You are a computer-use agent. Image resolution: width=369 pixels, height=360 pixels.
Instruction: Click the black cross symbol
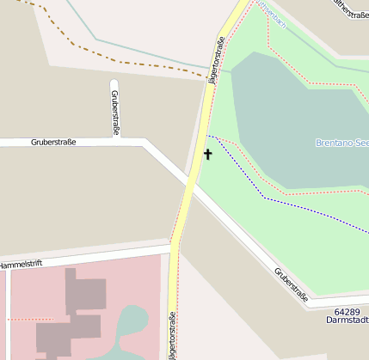click(x=207, y=155)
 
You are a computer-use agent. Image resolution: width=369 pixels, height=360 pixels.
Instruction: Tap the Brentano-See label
click(x=342, y=143)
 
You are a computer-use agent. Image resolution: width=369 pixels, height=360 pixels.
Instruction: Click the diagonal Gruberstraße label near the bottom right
click(x=292, y=286)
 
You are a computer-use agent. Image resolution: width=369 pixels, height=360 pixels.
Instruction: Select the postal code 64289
click(x=347, y=310)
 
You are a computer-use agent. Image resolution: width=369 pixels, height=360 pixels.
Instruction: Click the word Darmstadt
click(x=347, y=320)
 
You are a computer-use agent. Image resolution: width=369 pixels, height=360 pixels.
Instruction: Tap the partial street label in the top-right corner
click(x=351, y=14)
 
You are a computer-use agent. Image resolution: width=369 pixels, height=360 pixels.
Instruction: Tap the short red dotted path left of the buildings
click(x=19, y=319)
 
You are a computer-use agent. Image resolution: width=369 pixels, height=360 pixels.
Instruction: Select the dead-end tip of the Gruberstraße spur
click(x=114, y=82)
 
